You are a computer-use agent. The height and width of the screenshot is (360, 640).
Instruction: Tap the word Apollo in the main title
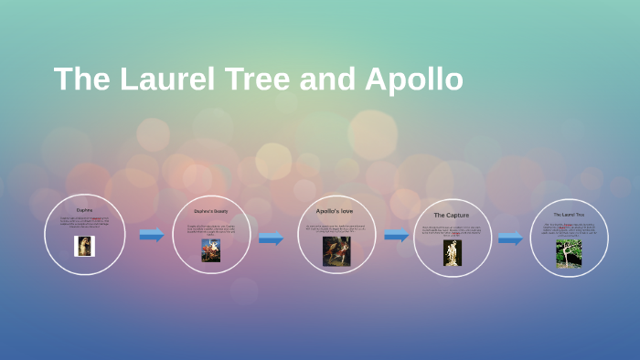pyautogui.click(x=413, y=79)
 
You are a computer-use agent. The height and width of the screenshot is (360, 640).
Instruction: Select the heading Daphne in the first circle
pyautogui.click(x=84, y=210)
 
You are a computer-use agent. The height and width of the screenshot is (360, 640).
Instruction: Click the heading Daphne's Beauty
pyautogui.click(x=211, y=211)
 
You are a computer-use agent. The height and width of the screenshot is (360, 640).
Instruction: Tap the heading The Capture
pyautogui.click(x=452, y=215)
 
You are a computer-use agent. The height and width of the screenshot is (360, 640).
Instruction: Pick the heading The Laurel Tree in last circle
pyautogui.click(x=569, y=215)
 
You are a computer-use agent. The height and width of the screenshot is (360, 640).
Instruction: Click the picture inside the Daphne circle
pyautogui.click(x=84, y=246)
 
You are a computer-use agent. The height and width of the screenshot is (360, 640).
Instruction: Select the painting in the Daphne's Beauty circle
pyautogui.click(x=211, y=250)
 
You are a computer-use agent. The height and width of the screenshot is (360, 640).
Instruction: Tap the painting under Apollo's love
pyautogui.click(x=336, y=251)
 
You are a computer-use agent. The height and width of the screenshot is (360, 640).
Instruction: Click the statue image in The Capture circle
pyautogui.click(x=453, y=252)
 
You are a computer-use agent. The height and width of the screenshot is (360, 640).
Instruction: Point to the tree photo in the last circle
pyautogui.click(x=569, y=253)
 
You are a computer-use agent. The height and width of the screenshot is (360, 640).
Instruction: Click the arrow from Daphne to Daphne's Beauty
pyautogui.click(x=151, y=235)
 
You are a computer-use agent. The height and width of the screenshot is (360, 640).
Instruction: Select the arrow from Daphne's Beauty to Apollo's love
pyautogui.click(x=271, y=238)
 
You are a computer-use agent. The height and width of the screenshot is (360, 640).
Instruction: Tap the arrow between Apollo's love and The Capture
pyautogui.click(x=396, y=235)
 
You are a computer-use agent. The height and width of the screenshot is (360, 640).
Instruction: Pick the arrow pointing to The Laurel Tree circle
pyautogui.click(x=510, y=238)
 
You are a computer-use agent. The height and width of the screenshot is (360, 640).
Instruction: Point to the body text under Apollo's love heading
pyautogui.click(x=335, y=228)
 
